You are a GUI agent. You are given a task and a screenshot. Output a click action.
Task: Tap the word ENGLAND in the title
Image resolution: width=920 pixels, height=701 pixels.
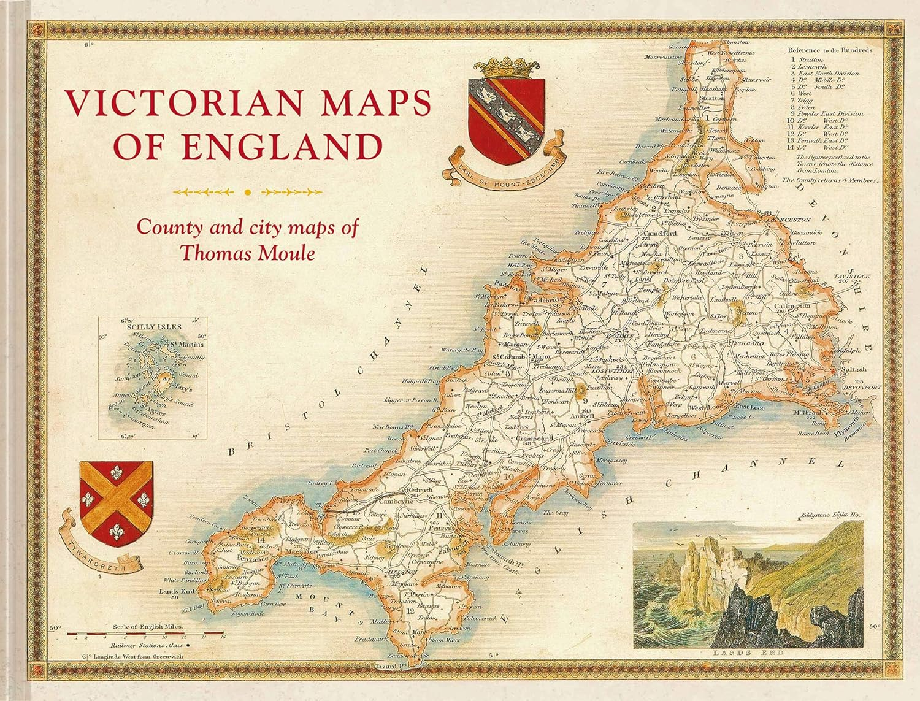[282, 147]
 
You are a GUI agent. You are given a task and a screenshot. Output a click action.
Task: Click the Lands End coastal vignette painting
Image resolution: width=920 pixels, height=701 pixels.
[748, 584]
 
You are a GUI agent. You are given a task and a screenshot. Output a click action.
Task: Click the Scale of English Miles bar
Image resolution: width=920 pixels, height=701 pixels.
[145, 632]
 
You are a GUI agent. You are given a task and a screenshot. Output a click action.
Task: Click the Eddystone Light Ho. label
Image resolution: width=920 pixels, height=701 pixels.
[830, 516]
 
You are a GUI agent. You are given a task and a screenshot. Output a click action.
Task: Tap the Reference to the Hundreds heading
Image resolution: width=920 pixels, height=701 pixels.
[829, 50]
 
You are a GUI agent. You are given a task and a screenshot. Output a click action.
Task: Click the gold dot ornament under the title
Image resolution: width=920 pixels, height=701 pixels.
[248, 192]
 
